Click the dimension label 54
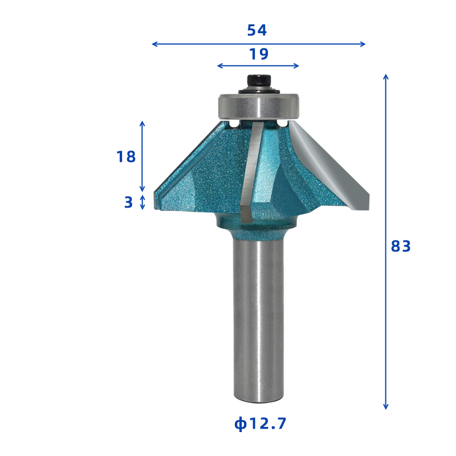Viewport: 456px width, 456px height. click(x=257, y=30)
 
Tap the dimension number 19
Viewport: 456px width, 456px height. click(x=259, y=54)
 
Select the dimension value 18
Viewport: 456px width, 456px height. click(x=126, y=157)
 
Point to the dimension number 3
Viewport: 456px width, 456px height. click(x=128, y=202)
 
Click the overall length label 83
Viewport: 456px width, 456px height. click(x=401, y=246)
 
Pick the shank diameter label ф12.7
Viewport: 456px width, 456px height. click(x=260, y=424)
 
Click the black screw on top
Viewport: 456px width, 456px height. click(x=259, y=83)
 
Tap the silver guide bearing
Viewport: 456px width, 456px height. click(x=259, y=106)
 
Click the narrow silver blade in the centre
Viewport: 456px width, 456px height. click(x=250, y=172)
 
